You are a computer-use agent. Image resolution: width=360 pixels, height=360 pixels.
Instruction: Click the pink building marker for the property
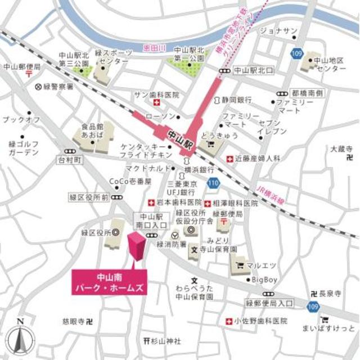click(137, 246)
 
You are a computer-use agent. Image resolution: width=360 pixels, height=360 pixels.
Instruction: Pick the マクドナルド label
click(146, 168)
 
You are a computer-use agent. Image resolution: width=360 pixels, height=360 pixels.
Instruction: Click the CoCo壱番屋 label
click(130, 182)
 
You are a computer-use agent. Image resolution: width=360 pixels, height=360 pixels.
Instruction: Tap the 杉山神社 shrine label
click(164, 341)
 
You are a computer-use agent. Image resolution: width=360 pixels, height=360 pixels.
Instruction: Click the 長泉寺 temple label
click(331, 294)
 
